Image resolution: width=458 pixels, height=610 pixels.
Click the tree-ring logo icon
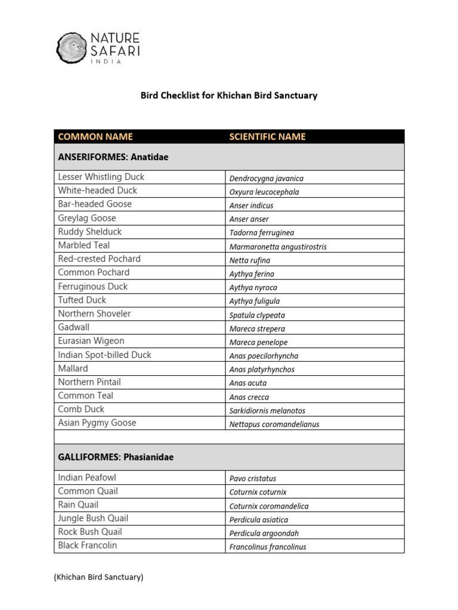72,48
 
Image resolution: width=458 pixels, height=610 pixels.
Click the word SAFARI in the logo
116,51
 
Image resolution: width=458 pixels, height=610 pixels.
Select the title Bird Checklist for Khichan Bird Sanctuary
228,95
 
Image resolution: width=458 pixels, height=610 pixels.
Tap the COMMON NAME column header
95,137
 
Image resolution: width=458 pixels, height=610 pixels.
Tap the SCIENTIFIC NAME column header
267,137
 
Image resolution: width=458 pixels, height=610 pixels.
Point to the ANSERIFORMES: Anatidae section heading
113,157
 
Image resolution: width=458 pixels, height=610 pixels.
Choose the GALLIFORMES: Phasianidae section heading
116,457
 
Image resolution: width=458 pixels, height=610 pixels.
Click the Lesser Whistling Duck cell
101,177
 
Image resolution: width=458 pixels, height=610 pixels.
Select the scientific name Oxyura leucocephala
264,192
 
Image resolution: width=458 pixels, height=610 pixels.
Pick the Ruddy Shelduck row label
90,232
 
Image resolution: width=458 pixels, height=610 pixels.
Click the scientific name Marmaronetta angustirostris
278,247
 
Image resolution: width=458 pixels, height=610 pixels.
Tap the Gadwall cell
74,328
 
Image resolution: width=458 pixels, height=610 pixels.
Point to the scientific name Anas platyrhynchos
262,369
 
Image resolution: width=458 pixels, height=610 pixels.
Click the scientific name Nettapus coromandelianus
274,424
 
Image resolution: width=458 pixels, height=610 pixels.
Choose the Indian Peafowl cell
88,478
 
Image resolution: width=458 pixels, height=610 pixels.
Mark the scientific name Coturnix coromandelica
269,506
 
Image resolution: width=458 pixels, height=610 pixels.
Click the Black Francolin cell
88,546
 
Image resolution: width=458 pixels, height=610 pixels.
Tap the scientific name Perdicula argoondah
264,533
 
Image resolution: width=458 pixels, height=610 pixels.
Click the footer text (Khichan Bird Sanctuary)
98,577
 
